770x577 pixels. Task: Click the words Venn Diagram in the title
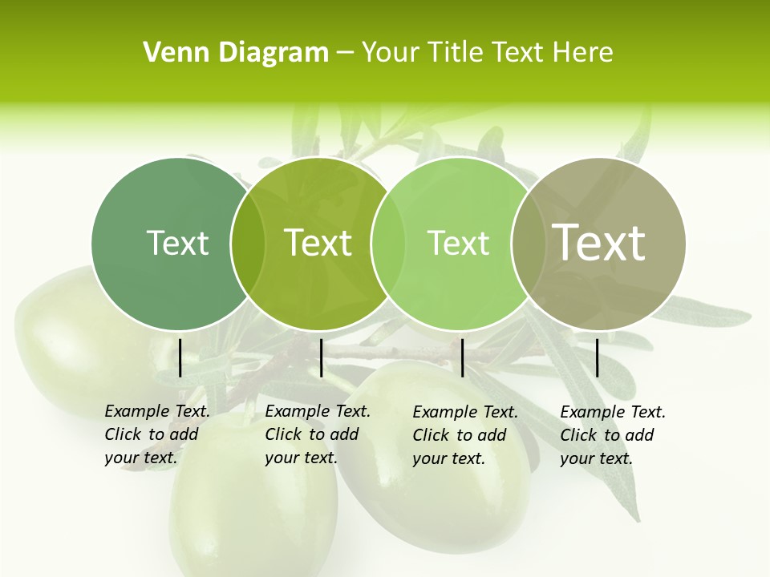[236, 53]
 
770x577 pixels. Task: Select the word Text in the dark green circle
[177, 243]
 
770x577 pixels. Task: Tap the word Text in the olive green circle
[318, 243]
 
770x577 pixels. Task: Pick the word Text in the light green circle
[458, 243]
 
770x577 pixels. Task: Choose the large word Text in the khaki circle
[599, 242]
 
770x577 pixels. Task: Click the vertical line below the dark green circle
[180, 357]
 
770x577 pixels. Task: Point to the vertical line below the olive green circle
[321, 357]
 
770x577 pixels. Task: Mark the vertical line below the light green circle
[462, 357]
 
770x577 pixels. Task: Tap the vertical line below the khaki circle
[598, 357]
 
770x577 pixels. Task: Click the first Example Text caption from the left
[157, 434]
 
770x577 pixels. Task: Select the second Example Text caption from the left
[318, 434]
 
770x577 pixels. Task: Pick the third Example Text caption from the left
[465, 435]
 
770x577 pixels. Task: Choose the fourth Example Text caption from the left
[613, 435]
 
